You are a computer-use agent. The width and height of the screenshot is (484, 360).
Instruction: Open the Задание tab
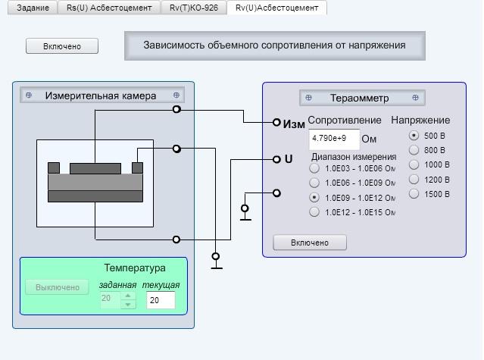click(33, 8)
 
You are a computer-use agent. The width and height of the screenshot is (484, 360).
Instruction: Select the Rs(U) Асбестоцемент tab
click(109, 8)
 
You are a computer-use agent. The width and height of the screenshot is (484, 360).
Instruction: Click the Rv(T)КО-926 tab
click(194, 8)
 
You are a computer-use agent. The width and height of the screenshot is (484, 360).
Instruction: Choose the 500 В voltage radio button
click(414, 136)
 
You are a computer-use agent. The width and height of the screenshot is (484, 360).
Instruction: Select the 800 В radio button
click(414, 150)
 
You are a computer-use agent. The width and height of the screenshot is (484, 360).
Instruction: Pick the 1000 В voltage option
click(414, 164)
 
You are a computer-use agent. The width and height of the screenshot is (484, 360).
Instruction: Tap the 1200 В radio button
click(414, 180)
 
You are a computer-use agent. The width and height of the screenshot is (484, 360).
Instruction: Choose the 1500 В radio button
click(414, 194)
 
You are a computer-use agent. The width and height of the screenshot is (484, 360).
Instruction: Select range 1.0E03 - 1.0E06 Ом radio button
click(314, 168)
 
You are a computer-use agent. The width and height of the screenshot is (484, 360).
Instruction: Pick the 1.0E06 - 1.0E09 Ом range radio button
click(314, 183)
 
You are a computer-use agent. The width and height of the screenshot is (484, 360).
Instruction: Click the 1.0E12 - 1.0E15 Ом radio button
click(314, 212)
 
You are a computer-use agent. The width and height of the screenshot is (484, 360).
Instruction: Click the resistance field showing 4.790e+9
click(334, 139)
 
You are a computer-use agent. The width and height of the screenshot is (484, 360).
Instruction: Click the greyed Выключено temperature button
click(57, 287)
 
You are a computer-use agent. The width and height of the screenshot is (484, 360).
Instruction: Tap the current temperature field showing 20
click(161, 300)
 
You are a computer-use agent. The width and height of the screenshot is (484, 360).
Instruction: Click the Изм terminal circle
click(276, 122)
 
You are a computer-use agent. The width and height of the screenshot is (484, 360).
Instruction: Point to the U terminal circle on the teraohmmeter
click(276, 159)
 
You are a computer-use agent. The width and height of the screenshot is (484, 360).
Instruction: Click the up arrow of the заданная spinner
click(128, 296)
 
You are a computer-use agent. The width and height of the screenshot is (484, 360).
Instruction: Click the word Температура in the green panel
click(135, 268)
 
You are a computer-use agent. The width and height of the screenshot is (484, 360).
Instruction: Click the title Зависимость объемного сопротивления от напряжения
click(274, 45)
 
